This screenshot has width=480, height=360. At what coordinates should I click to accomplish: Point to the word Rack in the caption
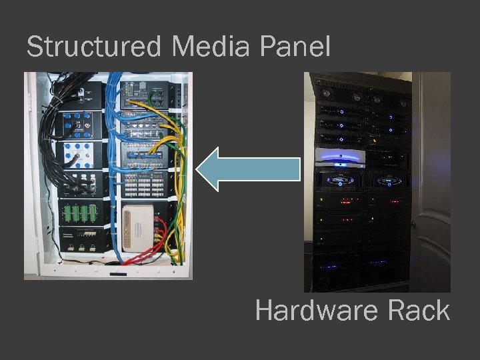click(422, 311)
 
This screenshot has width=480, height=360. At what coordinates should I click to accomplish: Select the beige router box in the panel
click(139, 227)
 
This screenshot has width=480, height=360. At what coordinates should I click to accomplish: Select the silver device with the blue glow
click(340, 159)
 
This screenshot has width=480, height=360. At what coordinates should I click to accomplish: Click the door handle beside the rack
click(414, 224)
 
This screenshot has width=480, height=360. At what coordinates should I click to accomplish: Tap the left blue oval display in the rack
click(341, 181)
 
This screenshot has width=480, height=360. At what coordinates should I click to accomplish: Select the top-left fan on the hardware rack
click(327, 95)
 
